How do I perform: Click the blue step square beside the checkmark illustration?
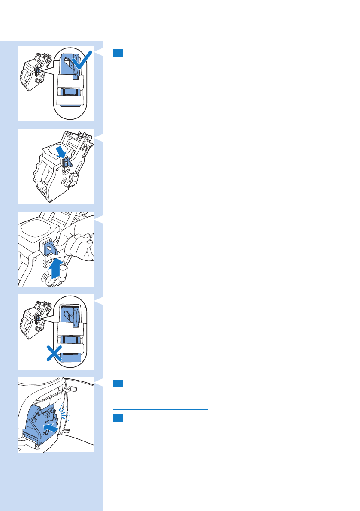118,53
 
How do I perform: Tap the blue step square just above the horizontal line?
118,384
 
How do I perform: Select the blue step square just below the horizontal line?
118,417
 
